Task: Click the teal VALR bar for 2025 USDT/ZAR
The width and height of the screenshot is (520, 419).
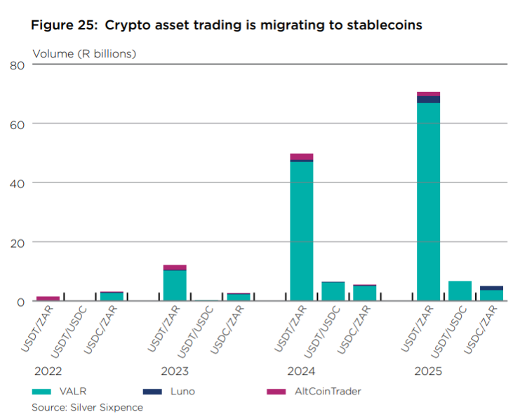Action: [428, 202]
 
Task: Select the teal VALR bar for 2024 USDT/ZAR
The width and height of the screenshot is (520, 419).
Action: [302, 231]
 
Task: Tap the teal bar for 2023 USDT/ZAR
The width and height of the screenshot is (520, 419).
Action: [175, 286]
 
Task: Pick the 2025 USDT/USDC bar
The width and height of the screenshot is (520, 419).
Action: [460, 291]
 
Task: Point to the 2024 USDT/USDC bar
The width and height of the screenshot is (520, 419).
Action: [333, 292]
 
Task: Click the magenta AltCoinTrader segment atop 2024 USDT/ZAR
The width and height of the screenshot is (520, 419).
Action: [302, 157]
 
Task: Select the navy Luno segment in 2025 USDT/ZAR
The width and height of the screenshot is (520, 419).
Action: [428, 100]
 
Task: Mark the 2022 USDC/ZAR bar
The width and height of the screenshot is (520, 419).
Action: [112, 297]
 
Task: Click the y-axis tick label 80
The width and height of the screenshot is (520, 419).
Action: [18, 65]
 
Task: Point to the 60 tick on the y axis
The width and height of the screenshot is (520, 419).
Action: [18, 124]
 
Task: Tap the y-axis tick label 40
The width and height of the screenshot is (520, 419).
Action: [18, 183]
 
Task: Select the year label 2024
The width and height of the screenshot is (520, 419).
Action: [301, 371]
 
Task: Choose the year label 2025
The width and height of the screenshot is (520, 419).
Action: [428, 371]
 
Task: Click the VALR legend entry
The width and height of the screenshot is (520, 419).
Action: [62, 391]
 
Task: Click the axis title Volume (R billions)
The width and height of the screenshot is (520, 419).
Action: [84, 53]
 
